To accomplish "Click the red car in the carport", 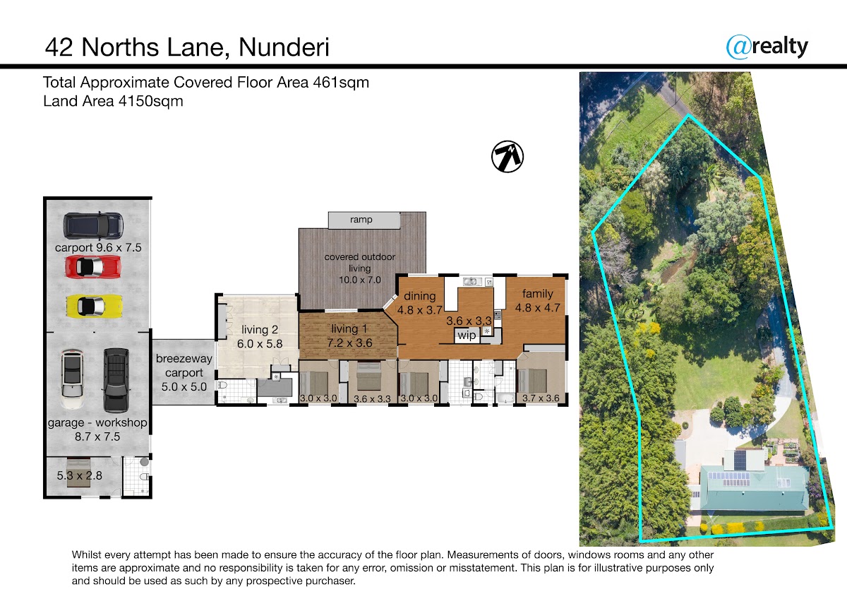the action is (93, 266).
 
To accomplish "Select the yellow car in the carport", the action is (95, 306).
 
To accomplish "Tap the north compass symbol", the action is (507, 157).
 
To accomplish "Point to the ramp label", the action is (361, 220).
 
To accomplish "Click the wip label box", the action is (467, 336).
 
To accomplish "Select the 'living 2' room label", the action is (260, 330).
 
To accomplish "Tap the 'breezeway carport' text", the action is (184, 365).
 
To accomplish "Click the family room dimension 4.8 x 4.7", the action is (538, 308).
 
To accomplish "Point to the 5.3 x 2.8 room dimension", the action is (79, 475).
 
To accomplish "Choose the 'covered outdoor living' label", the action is (359, 262).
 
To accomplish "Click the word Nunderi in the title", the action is (284, 47).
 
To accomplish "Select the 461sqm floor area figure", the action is (341, 83).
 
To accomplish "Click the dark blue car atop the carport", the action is (93, 226).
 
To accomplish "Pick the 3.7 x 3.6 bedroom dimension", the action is (541, 398).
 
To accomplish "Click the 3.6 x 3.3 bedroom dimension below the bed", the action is (372, 399).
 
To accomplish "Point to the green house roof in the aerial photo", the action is (755, 489).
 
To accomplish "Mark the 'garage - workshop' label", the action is (97, 422).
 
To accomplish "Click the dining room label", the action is (420, 296).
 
